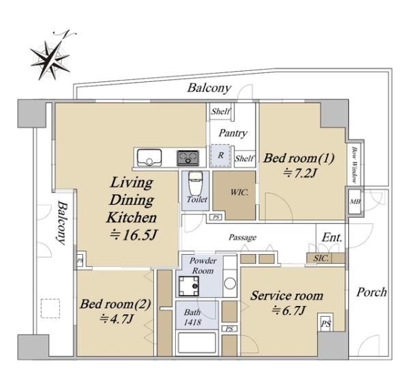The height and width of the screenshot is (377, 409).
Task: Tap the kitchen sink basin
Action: (149, 157)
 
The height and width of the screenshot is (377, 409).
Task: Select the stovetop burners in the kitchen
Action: (187, 158)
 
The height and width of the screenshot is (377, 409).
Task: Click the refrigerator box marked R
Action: (220, 156)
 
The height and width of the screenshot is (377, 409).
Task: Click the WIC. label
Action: (239, 193)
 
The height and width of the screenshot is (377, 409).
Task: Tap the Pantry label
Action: (232, 133)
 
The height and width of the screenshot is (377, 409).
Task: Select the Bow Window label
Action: (354, 165)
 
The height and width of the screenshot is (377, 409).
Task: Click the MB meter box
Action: (355, 201)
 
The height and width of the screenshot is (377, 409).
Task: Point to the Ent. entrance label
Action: (332, 238)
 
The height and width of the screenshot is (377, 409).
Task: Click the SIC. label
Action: (321, 258)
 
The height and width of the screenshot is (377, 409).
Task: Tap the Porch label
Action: (372, 292)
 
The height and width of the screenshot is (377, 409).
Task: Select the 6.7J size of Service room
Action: (288, 310)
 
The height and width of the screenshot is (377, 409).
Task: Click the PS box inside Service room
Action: (326, 324)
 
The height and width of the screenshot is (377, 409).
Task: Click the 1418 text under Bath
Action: (192, 322)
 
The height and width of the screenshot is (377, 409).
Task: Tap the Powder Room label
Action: (202, 266)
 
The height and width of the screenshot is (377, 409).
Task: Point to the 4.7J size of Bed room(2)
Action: (117, 318)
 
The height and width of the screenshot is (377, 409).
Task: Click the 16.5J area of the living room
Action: (133, 235)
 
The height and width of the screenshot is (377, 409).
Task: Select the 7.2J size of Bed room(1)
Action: (300, 173)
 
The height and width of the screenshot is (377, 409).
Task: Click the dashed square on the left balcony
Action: (50, 308)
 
